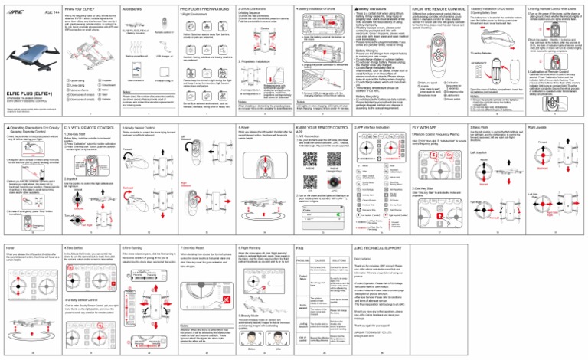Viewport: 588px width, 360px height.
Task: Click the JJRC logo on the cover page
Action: click(x=12, y=8)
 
